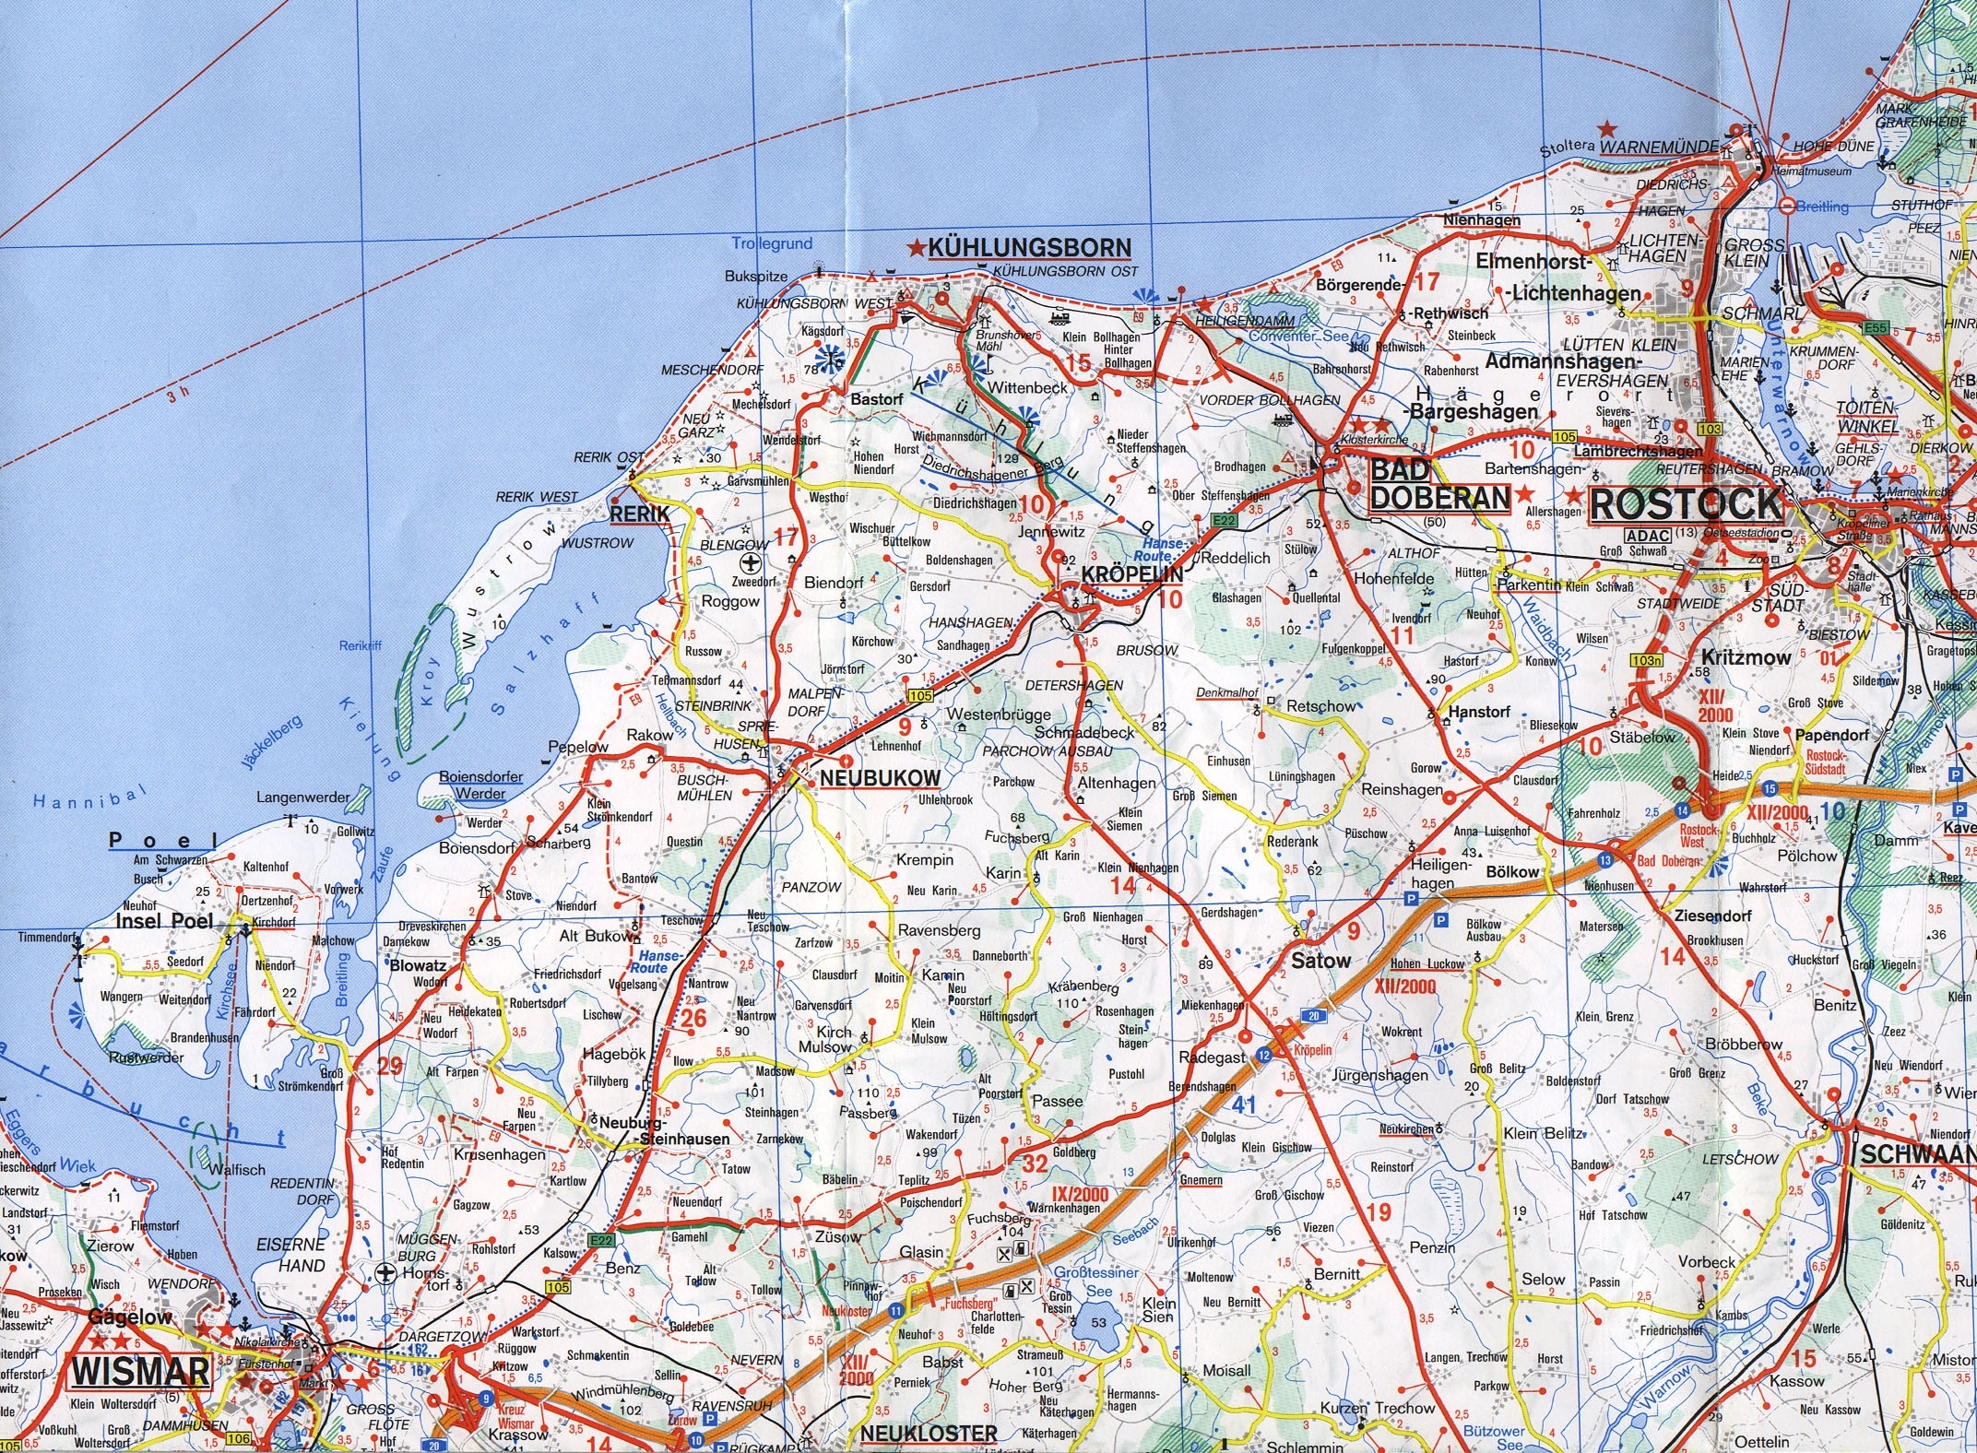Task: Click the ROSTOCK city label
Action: click(x=1686, y=504)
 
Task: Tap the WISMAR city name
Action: click(x=140, y=1371)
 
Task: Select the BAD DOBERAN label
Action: click(x=1438, y=484)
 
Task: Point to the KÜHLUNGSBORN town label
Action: click(x=1029, y=248)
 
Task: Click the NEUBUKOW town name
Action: click(x=880, y=778)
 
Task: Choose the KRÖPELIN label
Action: click(x=1131, y=573)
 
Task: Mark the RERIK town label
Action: click(x=639, y=514)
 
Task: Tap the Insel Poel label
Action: click(x=163, y=921)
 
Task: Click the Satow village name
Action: click(x=1320, y=961)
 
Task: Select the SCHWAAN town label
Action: click(x=1916, y=1154)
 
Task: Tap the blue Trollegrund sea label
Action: click(x=772, y=243)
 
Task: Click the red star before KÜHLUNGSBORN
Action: click(x=917, y=248)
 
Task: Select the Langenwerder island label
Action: click(x=302, y=797)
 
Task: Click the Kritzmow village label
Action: click(x=1746, y=657)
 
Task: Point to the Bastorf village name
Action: click(x=876, y=399)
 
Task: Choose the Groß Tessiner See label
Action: click(x=1096, y=1282)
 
